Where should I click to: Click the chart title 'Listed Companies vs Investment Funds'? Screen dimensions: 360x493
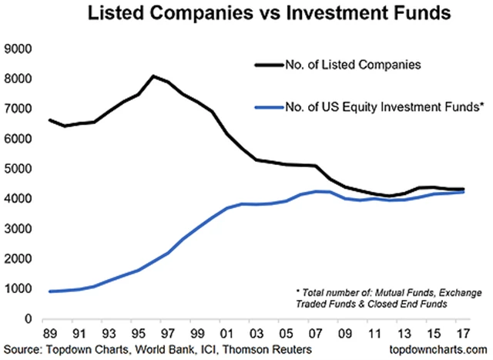(246, 15)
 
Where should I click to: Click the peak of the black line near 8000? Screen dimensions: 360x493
(154, 76)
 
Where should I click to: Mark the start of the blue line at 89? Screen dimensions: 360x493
(51, 291)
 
